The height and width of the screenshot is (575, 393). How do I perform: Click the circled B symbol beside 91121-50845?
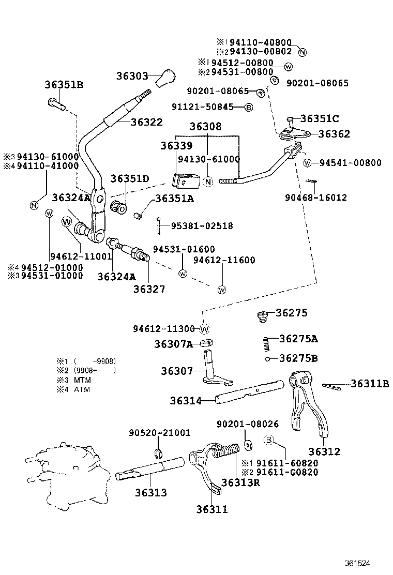coord(248,107)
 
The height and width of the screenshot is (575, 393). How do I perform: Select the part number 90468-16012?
coord(316,198)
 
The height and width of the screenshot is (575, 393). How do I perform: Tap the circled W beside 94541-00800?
coord(307,163)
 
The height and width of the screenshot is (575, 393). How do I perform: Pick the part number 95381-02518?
coord(202,225)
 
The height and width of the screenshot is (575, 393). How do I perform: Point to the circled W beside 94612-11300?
coord(204,329)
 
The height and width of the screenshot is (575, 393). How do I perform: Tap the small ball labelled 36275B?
coord(266,359)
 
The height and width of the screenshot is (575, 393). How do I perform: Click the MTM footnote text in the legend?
coord(82,380)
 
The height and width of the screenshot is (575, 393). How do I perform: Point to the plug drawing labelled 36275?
coord(263,315)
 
